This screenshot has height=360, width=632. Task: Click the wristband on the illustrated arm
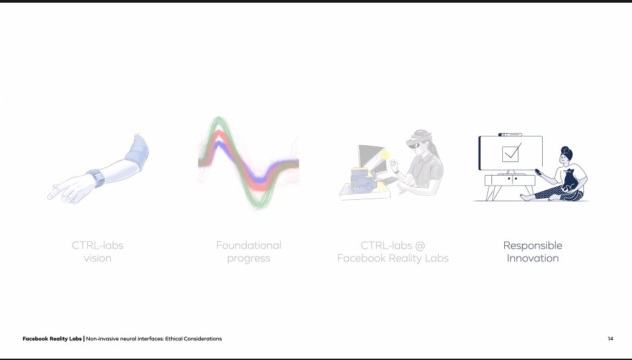96,178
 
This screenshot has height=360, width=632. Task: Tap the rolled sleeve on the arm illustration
137,152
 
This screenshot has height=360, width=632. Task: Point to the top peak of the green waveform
218,119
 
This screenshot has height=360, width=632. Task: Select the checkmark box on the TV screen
510,154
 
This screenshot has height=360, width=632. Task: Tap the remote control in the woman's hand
537,172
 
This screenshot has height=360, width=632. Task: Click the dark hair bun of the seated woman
566,151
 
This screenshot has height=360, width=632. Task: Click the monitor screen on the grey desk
371,157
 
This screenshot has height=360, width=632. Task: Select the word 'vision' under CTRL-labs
97,258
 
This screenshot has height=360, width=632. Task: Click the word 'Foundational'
249,245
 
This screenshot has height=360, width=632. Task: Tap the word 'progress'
249,259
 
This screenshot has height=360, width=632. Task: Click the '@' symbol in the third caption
420,245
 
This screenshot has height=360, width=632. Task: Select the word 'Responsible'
533,246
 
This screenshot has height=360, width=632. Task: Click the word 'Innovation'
533,258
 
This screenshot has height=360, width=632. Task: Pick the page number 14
610,338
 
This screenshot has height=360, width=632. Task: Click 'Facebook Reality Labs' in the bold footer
52,338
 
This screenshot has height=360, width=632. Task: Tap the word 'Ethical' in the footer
173,338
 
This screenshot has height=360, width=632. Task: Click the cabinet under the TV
510,180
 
